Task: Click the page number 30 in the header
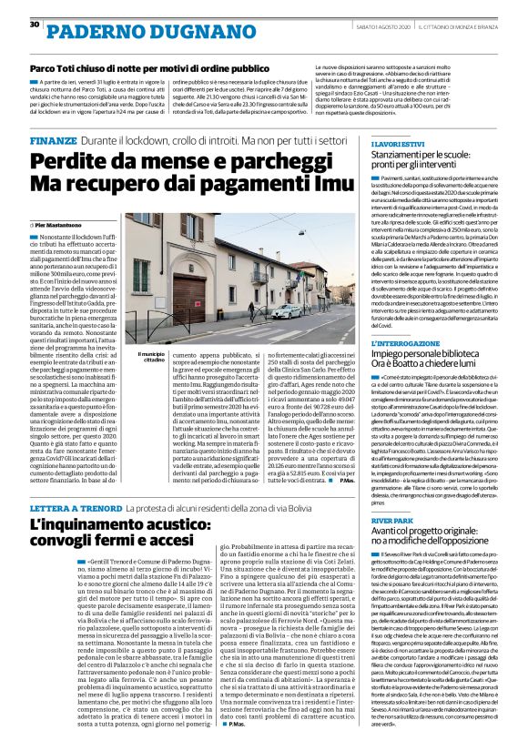pyautogui.click(x=34, y=24)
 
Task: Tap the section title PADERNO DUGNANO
pyautogui.click(x=110, y=30)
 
